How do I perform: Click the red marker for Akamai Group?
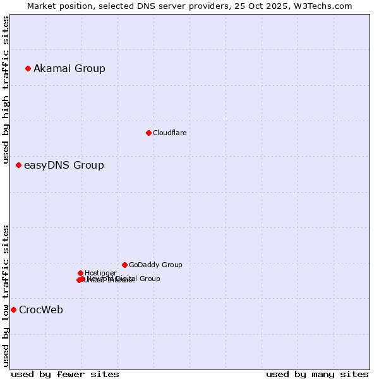[x=28, y=68]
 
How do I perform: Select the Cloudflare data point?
[x=148, y=133]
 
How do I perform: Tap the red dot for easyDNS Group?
[x=18, y=165]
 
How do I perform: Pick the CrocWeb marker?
[x=13, y=310]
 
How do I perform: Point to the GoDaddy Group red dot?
[x=124, y=265]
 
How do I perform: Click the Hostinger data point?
[x=80, y=273]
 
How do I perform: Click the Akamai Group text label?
[x=69, y=68]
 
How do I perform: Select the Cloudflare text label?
[x=169, y=133]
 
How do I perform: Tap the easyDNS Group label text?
[x=64, y=165]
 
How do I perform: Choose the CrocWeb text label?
[x=40, y=310]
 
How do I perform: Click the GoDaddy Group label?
[x=155, y=265]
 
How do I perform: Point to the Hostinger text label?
[x=100, y=273]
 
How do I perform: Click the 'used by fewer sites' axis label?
[x=65, y=374]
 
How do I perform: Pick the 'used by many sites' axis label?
[x=317, y=374]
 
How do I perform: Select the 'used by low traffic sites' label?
[x=6, y=295]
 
